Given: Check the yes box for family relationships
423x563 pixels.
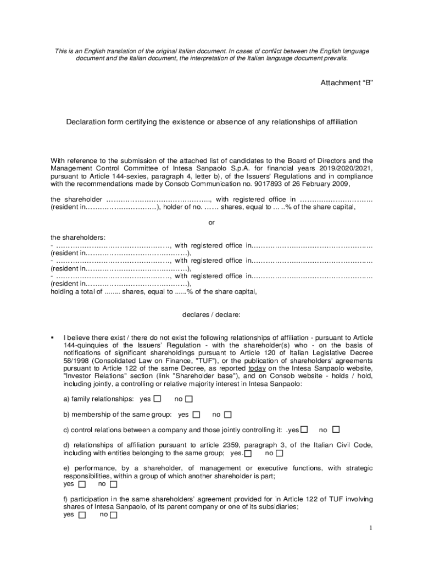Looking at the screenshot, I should point(158,398).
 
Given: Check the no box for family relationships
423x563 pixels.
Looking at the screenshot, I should point(189,398).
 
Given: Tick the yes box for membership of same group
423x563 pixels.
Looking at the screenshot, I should point(196,414).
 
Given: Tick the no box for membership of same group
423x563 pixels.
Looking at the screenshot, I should point(228,414).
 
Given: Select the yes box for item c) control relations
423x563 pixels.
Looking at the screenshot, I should point(304,429).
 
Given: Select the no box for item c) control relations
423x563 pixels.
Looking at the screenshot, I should point(336,429).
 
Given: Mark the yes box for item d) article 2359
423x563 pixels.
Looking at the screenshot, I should point(248,454).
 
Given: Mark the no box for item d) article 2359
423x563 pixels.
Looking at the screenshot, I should point(280,454).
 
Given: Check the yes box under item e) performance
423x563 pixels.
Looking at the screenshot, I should point(82,484).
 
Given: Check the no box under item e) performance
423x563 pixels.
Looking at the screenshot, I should point(114,484).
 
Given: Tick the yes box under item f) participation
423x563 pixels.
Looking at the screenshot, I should point(82,515).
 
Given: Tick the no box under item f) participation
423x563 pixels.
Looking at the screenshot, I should point(114,515).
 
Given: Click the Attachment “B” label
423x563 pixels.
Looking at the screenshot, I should point(347,83).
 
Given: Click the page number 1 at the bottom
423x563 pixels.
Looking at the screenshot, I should point(371,528).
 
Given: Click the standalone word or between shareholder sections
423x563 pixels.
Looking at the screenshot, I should point(211,222).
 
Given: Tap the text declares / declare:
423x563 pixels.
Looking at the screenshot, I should point(211,315).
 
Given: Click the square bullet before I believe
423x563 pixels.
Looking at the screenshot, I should point(52,337).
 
